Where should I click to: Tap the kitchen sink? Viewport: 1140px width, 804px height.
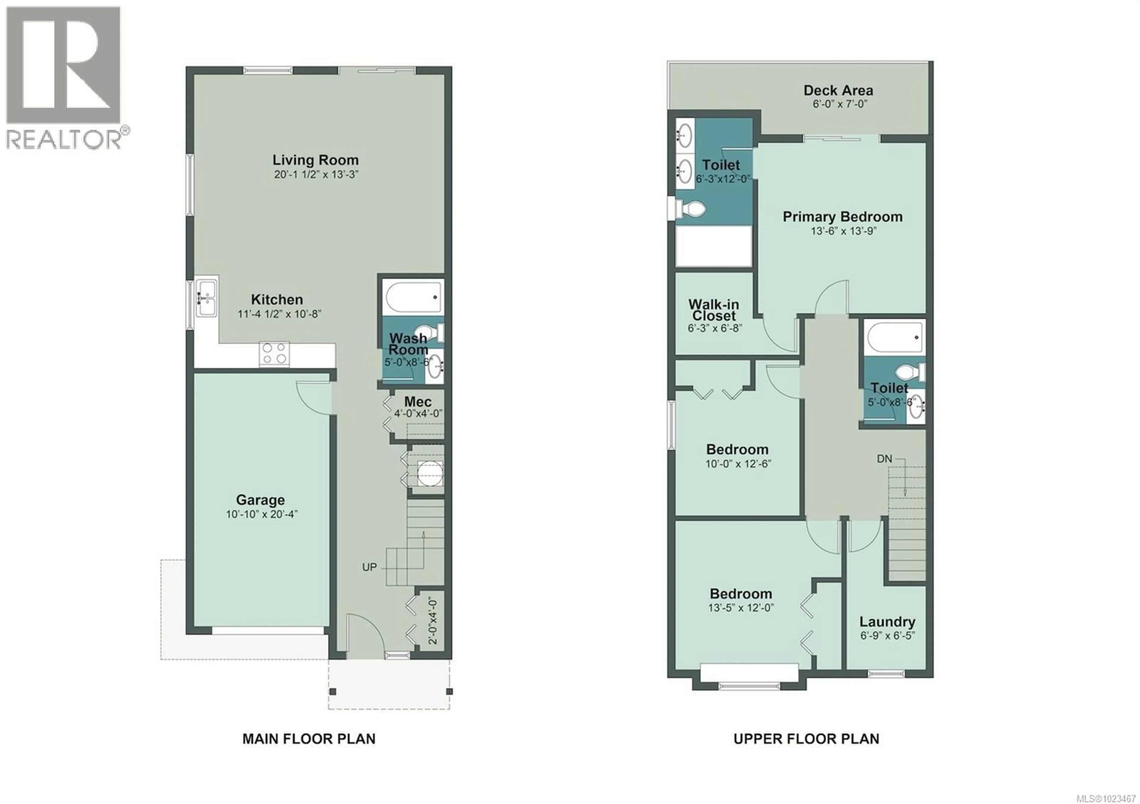pyautogui.click(x=205, y=298)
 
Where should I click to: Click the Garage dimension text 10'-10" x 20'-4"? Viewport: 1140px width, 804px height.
pyautogui.click(x=262, y=514)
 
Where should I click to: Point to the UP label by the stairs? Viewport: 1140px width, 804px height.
pyautogui.click(x=369, y=567)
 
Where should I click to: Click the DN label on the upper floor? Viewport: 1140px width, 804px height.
pyautogui.click(x=884, y=459)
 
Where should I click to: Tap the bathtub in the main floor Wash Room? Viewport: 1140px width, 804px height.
pyautogui.click(x=413, y=296)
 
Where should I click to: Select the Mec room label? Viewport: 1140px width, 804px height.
pyautogui.click(x=418, y=401)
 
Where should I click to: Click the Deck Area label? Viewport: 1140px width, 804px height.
pyautogui.click(x=838, y=90)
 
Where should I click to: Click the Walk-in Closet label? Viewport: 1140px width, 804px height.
pyautogui.click(x=713, y=310)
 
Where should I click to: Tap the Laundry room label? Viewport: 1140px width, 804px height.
pyautogui.click(x=887, y=622)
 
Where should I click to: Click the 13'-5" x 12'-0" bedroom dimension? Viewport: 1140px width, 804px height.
pyautogui.click(x=741, y=608)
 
